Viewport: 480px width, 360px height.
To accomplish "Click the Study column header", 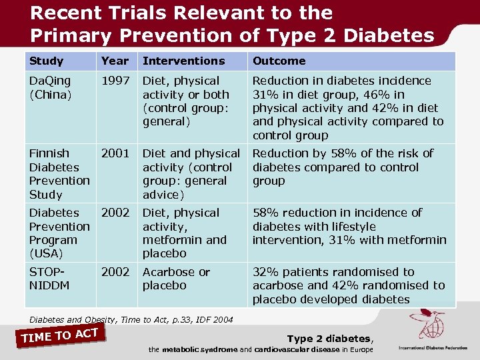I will pyautogui.click(x=47, y=61).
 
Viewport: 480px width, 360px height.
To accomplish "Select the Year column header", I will pyautogui.click(x=115, y=61).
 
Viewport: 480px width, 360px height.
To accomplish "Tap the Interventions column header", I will pyautogui.click(x=184, y=61).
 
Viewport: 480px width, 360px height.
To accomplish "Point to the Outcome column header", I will pyautogui.click(x=279, y=61).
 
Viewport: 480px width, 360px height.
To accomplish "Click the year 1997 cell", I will pyautogui.click(x=115, y=81).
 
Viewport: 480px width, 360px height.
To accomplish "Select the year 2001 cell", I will pyautogui.click(x=115, y=153).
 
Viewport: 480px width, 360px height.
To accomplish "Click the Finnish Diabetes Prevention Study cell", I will pyautogui.click(x=59, y=174).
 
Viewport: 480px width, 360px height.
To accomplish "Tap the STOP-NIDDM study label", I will pyautogui.click(x=49, y=279).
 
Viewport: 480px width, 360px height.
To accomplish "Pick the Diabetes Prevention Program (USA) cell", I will pyautogui.click(x=59, y=233).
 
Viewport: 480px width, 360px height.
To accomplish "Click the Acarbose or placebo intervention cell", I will pyautogui.click(x=176, y=279).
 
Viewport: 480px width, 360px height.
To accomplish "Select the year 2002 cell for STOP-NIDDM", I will pyautogui.click(x=115, y=272).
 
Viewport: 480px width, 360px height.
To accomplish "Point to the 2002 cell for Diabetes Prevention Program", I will pyautogui.click(x=115, y=213).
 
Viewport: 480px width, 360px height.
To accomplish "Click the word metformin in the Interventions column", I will pyautogui.click(x=175, y=240).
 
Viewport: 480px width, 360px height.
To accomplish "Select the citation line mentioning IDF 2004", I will pyautogui.click(x=131, y=320).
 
